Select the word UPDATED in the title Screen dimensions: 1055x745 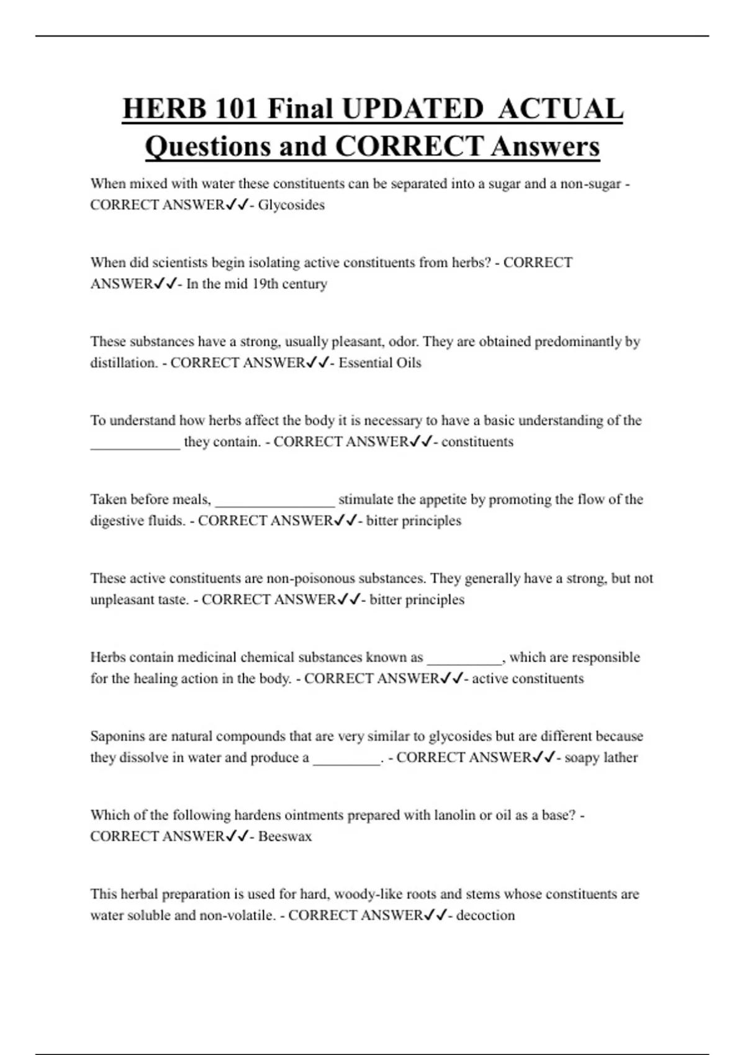412,109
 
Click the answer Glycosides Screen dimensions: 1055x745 291,205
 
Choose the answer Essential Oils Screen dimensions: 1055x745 379,362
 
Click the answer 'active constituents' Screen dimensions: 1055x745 528,678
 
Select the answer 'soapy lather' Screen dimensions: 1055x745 601,757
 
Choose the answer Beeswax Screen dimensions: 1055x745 285,836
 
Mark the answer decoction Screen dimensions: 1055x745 485,915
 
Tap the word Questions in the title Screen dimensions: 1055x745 207,146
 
